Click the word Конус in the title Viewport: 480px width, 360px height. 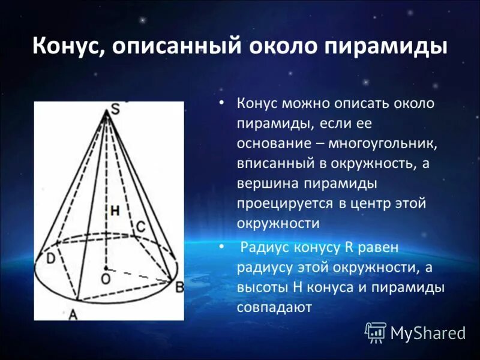pyautogui.click(x=66, y=47)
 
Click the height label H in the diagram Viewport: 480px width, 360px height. pyautogui.click(x=114, y=211)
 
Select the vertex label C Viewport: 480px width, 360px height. pyautogui.click(x=139, y=226)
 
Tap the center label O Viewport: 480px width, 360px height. pyautogui.click(x=106, y=279)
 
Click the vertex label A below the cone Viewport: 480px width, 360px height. pyautogui.click(x=73, y=313)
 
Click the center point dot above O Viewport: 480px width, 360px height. pyautogui.click(x=106, y=268)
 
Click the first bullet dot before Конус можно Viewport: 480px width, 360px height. pyautogui.click(x=222, y=103)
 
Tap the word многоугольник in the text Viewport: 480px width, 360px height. pyautogui.click(x=377, y=144)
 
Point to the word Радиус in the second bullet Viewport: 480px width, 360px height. pyautogui.click(x=267, y=247)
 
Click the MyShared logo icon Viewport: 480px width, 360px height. pyautogui.click(x=376, y=331)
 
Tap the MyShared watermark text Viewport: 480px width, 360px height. pyautogui.click(x=428, y=332)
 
